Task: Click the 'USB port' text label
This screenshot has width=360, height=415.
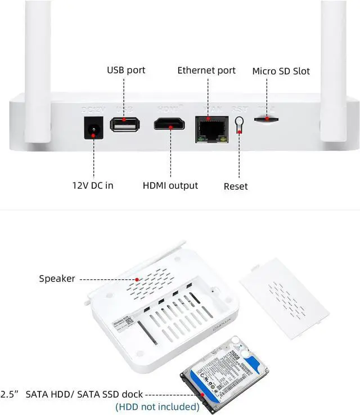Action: pos(126,70)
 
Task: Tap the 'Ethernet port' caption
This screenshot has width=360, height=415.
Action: pos(206,70)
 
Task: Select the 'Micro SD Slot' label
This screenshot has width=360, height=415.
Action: pos(281,71)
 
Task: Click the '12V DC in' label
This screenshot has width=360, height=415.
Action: pos(92,185)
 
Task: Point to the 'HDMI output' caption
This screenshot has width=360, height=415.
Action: pos(170,185)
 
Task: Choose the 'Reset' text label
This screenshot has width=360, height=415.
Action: pos(236,186)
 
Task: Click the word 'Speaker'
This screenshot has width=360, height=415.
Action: pos(57,278)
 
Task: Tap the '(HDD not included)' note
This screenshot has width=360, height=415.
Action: pos(157,406)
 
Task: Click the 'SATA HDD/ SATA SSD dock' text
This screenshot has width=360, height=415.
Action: pos(84,394)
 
